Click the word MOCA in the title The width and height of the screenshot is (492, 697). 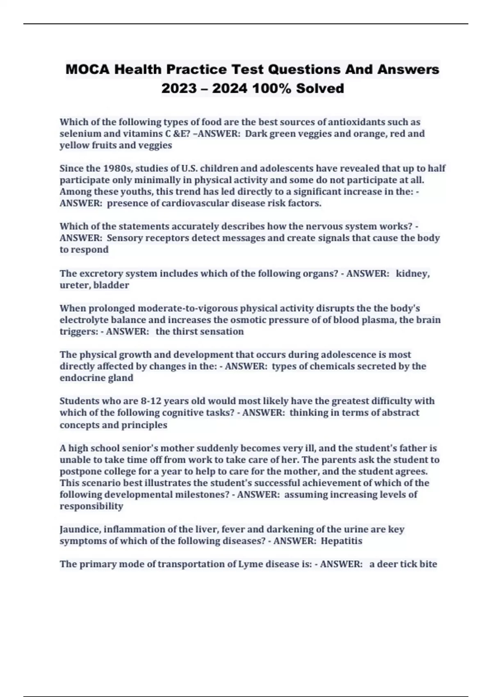tap(87, 69)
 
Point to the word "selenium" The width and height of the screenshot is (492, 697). tap(78, 134)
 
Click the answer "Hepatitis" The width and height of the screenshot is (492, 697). tap(341, 541)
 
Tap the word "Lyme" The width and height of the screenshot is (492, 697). tap(251, 564)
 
